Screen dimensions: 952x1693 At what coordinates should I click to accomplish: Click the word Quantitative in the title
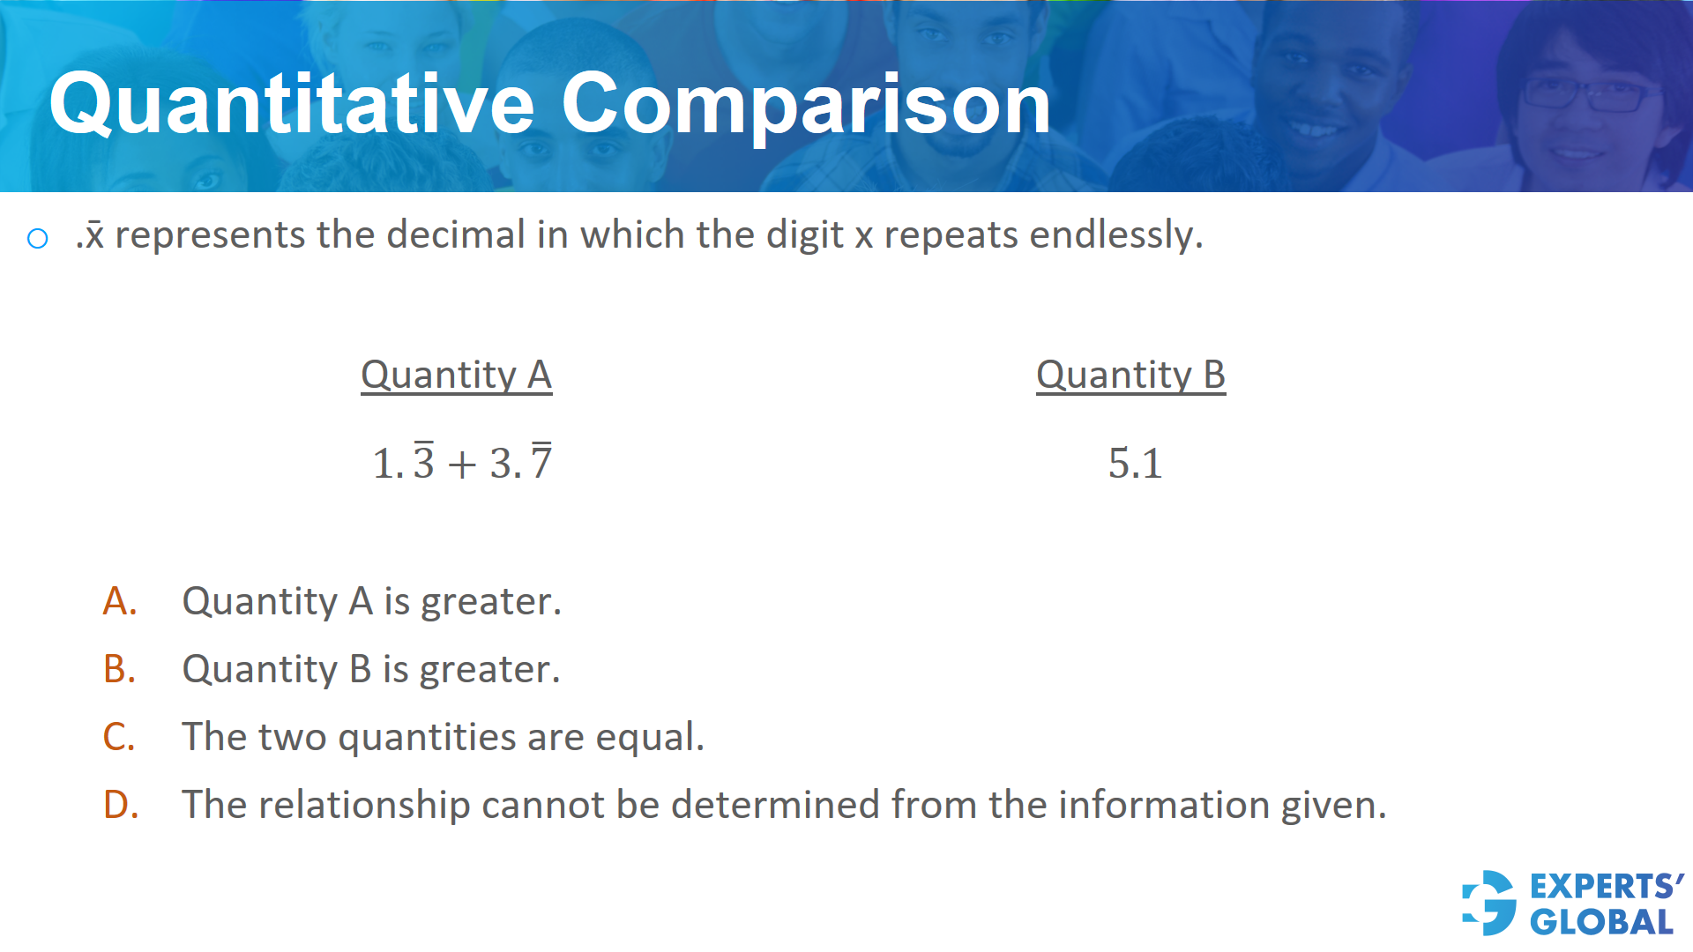[292, 105]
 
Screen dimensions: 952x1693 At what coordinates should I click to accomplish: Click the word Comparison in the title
[806, 105]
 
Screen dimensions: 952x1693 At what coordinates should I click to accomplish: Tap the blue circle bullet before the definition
[38, 238]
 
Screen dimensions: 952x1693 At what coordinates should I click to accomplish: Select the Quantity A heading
[456, 375]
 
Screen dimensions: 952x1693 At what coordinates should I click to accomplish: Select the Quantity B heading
[1130, 375]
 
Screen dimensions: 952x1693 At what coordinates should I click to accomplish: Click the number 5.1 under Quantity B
[1135, 464]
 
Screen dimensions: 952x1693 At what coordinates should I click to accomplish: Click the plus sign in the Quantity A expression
[462, 465]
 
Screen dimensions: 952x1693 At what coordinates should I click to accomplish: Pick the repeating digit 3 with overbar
[424, 461]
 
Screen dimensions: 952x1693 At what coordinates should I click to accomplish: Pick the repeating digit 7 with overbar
[541, 461]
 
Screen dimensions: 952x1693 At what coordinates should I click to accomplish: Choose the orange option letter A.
[120, 601]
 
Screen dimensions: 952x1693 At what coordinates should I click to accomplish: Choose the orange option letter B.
[120, 669]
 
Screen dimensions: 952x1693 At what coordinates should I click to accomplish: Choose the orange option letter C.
[119, 737]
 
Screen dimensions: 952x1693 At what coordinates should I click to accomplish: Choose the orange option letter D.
[121, 805]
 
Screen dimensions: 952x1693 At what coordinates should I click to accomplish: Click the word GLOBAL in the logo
[1601, 922]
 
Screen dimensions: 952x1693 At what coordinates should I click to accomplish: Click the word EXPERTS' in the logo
[1607, 886]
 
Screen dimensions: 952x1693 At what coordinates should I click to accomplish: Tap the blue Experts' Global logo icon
[1489, 903]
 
